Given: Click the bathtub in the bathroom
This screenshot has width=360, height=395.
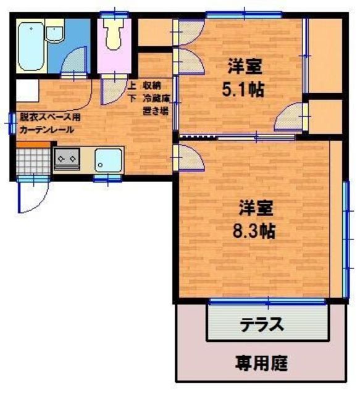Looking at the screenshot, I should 30,47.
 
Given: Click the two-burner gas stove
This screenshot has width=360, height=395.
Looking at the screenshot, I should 65,159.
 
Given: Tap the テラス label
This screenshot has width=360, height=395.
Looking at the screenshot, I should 261,324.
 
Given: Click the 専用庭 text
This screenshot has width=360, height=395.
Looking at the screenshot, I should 261,363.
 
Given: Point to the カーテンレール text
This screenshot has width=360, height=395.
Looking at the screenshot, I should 46,130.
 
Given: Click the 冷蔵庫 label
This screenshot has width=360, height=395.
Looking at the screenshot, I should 157,99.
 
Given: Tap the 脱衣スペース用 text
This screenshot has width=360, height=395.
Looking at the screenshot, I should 49,115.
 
